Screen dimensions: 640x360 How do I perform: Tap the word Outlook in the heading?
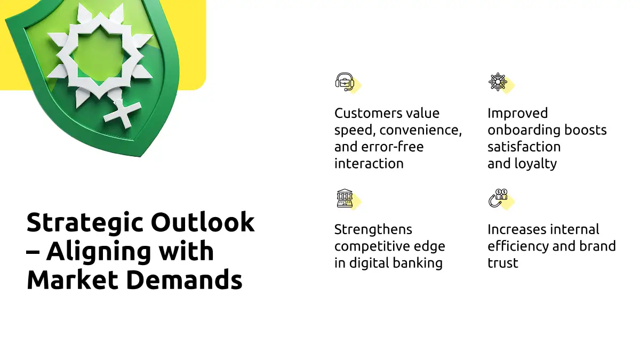203,222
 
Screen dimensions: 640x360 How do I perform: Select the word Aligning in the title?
98,253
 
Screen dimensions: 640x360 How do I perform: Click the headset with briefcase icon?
345,82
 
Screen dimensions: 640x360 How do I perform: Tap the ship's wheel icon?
498,82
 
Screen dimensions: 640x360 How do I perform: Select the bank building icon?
345,198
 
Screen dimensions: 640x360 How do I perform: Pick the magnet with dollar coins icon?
498,198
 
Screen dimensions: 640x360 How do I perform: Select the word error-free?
393,147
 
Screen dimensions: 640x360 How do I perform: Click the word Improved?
518,114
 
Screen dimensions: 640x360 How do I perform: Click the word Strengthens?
373,229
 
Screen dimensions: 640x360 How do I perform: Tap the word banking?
418,263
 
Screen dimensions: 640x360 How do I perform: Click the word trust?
503,263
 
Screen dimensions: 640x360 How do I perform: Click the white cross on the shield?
123,114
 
